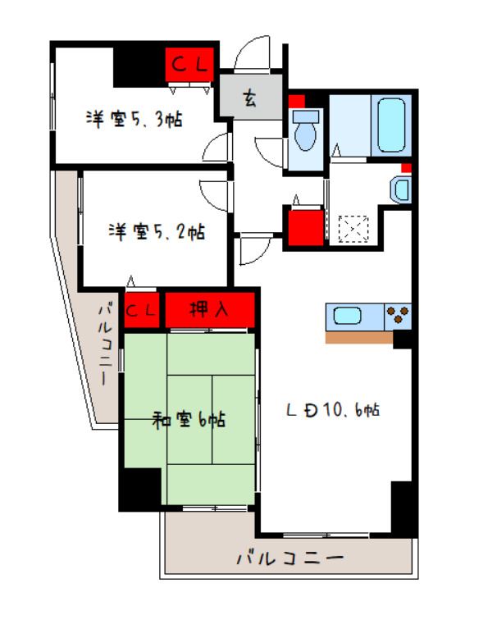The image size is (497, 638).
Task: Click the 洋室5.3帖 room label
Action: tap(135, 120)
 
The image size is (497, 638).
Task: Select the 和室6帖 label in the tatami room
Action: tap(189, 422)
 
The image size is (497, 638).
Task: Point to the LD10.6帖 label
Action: tap(332, 409)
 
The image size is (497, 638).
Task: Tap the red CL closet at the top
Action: tap(191, 62)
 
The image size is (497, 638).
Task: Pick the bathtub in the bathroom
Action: tap(391, 125)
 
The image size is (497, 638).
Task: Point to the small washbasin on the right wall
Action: tap(400, 189)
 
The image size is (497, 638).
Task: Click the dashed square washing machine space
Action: tap(356, 228)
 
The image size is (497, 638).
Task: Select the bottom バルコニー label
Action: tap(289, 558)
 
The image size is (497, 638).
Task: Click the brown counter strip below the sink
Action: tap(358, 336)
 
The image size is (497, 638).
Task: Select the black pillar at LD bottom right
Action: tap(404, 508)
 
